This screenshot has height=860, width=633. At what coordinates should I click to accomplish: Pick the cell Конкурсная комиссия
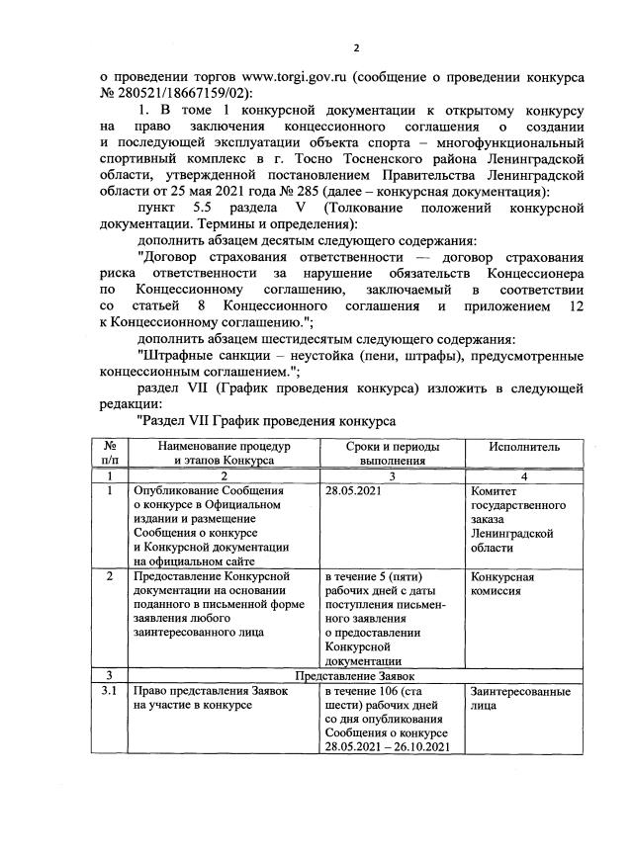[503, 584]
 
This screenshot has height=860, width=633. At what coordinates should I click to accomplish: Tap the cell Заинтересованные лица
[520, 699]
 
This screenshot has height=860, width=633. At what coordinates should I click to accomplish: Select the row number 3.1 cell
[112, 691]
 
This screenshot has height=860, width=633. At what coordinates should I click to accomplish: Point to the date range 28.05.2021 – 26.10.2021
[387, 746]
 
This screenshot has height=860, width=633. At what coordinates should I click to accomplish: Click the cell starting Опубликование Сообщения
[209, 490]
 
